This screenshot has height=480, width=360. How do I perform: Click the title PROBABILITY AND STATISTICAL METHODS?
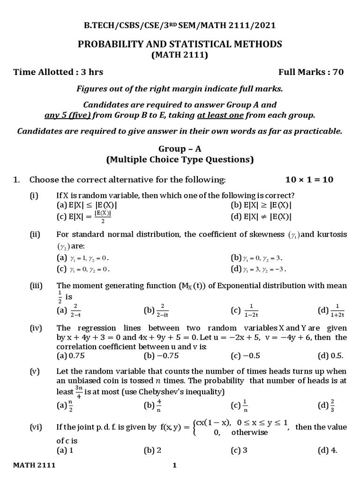[x=180, y=45]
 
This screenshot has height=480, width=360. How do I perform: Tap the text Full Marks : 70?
[x=311, y=72]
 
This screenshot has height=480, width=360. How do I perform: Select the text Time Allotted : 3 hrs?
[x=58, y=72]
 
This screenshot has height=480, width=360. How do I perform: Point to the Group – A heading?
[x=180, y=149]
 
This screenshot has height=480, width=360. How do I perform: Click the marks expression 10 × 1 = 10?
[x=309, y=180]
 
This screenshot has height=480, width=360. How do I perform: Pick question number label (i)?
[x=34, y=195]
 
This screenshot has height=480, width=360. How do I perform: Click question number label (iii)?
[x=36, y=285]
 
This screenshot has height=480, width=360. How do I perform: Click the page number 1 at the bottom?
[x=174, y=465]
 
